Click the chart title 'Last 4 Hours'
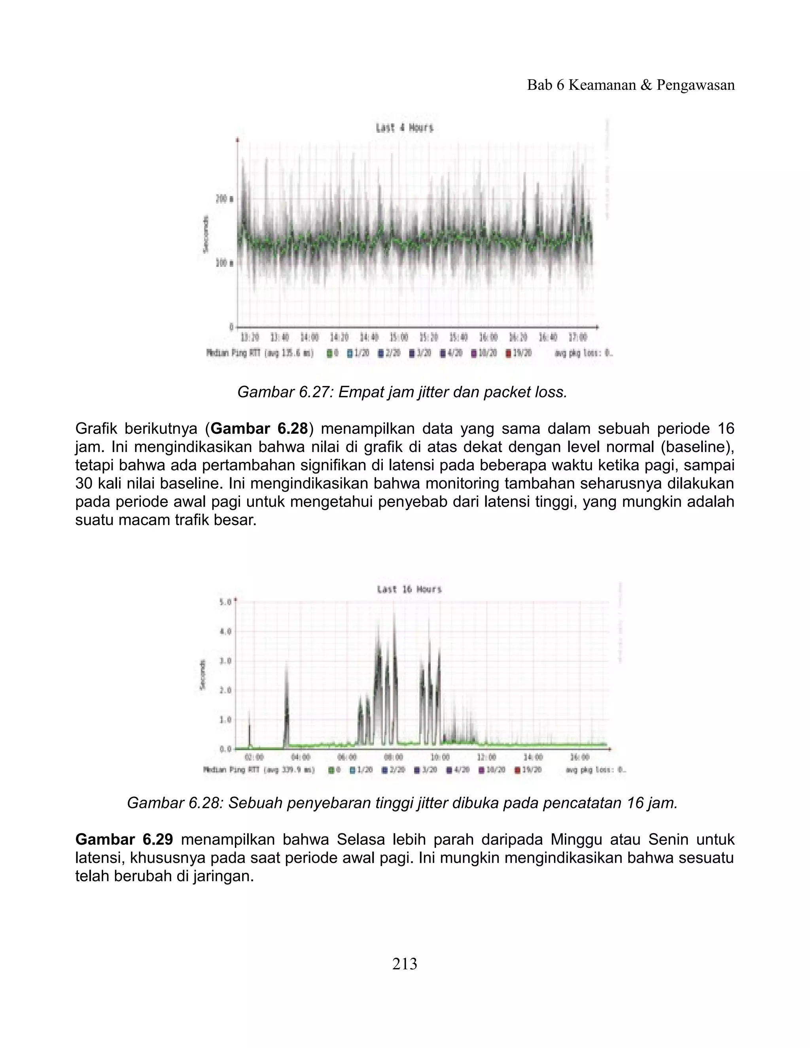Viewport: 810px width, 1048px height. click(404, 128)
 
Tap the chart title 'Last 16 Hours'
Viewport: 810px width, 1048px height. click(409, 589)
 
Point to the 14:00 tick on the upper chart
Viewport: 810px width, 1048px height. click(310, 337)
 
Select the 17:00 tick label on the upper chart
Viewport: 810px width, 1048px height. click(577, 337)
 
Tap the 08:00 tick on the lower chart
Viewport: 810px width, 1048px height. click(394, 757)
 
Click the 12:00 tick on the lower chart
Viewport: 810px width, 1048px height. click(486, 757)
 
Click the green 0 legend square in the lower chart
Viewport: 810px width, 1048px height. click(331, 770)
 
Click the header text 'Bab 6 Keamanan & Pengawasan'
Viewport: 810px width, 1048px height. click(630, 85)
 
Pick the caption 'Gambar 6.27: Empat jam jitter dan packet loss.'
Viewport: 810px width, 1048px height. click(402, 393)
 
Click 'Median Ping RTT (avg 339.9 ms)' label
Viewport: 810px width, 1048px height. click(259, 770)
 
